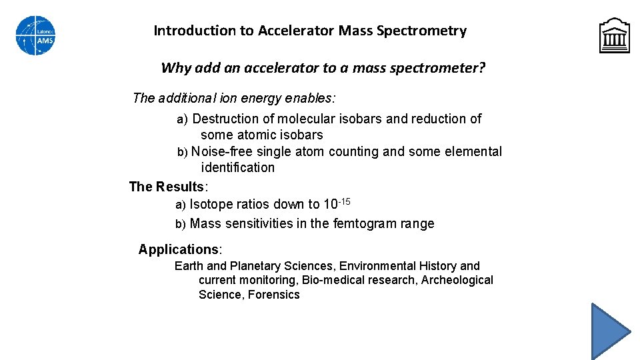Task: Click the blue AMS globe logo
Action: [x=35, y=35]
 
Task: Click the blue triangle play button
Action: [x=609, y=331]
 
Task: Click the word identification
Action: [x=237, y=167]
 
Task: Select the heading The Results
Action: [x=167, y=187]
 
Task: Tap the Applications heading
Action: [x=179, y=249]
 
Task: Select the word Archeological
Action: [x=457, y=280]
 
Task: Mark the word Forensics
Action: [x=273, y=295]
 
